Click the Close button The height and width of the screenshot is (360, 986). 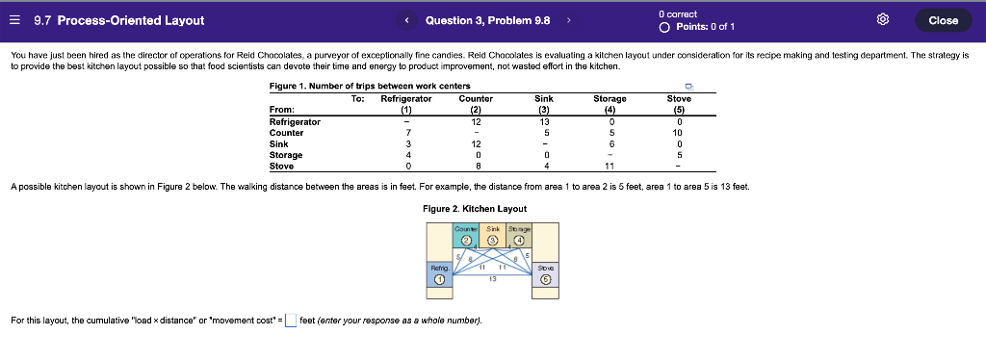point(943,20)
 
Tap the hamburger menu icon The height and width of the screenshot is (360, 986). point(17,20)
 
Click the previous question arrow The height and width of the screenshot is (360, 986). point(407,20)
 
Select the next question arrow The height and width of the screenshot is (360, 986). point(568,20)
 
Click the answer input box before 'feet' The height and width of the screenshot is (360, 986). point(290,321)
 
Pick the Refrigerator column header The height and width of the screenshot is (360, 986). point(405,99)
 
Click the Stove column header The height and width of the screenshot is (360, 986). point(679,99)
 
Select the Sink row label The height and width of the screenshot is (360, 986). point(279,143)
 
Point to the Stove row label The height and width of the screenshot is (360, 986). point(282,166)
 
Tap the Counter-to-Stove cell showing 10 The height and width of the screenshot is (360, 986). point(678,133)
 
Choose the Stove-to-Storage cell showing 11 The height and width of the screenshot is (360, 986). point(610,166)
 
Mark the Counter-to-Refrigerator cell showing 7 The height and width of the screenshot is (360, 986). point(408,133)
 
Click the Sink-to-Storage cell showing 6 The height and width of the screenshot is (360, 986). point(610,143)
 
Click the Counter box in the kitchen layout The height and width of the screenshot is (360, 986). point(466,235)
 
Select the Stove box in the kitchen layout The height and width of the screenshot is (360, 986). point(546,275)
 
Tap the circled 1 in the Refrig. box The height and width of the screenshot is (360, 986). point(440,280)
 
